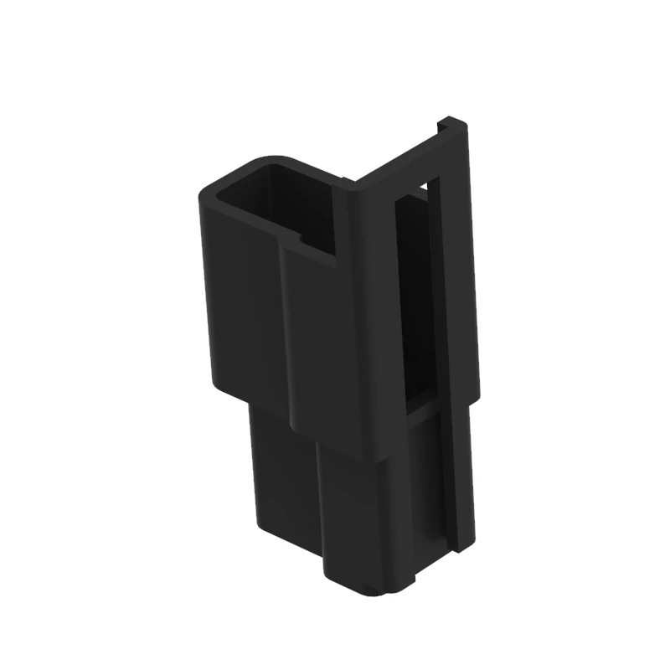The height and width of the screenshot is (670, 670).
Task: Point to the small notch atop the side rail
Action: point(441,126)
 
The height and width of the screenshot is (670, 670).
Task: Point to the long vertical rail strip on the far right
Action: point(456,335)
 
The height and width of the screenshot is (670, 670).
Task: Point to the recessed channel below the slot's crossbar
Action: point(431,477)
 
